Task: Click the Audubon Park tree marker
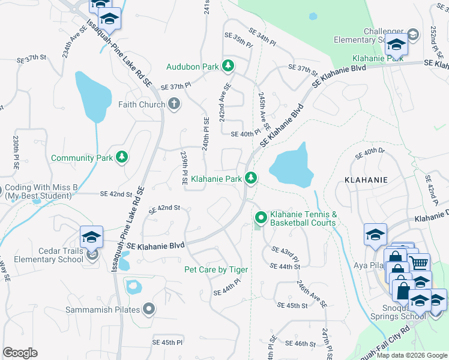(x=228, y=65)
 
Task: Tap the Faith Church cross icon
(x=174, y=105)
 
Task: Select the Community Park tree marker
(x=122, y=157)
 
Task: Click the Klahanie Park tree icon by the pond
(x=252, y=178)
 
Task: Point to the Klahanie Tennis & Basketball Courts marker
(x=261, y=217)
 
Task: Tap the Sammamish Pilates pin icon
(x=149, y=310)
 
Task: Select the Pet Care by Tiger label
(x=215, y=269)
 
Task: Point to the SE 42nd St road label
(x=116, y=194)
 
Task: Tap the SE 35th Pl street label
(x=232, y=41)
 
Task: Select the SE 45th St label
(x=293, y=305)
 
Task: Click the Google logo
(x=20, y=353)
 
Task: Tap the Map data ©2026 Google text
(x=412, y=355)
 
